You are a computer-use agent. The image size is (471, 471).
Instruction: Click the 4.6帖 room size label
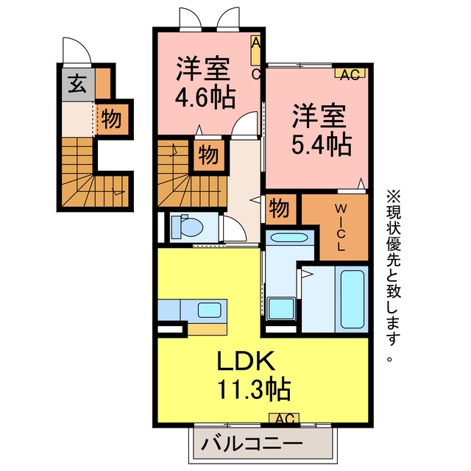(205, 99)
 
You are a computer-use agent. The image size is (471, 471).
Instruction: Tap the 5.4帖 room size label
(322, 145)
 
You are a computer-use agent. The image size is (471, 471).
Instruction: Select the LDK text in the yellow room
(246, 361)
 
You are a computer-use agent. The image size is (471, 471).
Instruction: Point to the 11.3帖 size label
(254, 389)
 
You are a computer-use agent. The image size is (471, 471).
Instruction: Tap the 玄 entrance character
(77, 84)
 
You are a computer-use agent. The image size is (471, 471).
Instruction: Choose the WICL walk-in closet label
(340, 227)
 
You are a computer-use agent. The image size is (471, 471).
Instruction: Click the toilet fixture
(186, 227)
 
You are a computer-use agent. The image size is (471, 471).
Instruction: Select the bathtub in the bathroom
(353, 300)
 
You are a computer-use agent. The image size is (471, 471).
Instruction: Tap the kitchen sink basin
(210, 310)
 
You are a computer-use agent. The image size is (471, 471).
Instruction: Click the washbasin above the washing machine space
(289, 238)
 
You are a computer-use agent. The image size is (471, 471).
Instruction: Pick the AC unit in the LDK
(284, 418)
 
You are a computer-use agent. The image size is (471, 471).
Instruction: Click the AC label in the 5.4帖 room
(350, 74)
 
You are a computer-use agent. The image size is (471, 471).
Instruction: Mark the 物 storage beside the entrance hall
(111, 119)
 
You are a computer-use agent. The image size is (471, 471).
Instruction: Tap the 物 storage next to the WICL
(280, 209)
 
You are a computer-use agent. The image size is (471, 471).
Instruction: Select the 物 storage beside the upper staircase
(208, 155)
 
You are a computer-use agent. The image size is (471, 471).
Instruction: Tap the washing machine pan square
(281, 309)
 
